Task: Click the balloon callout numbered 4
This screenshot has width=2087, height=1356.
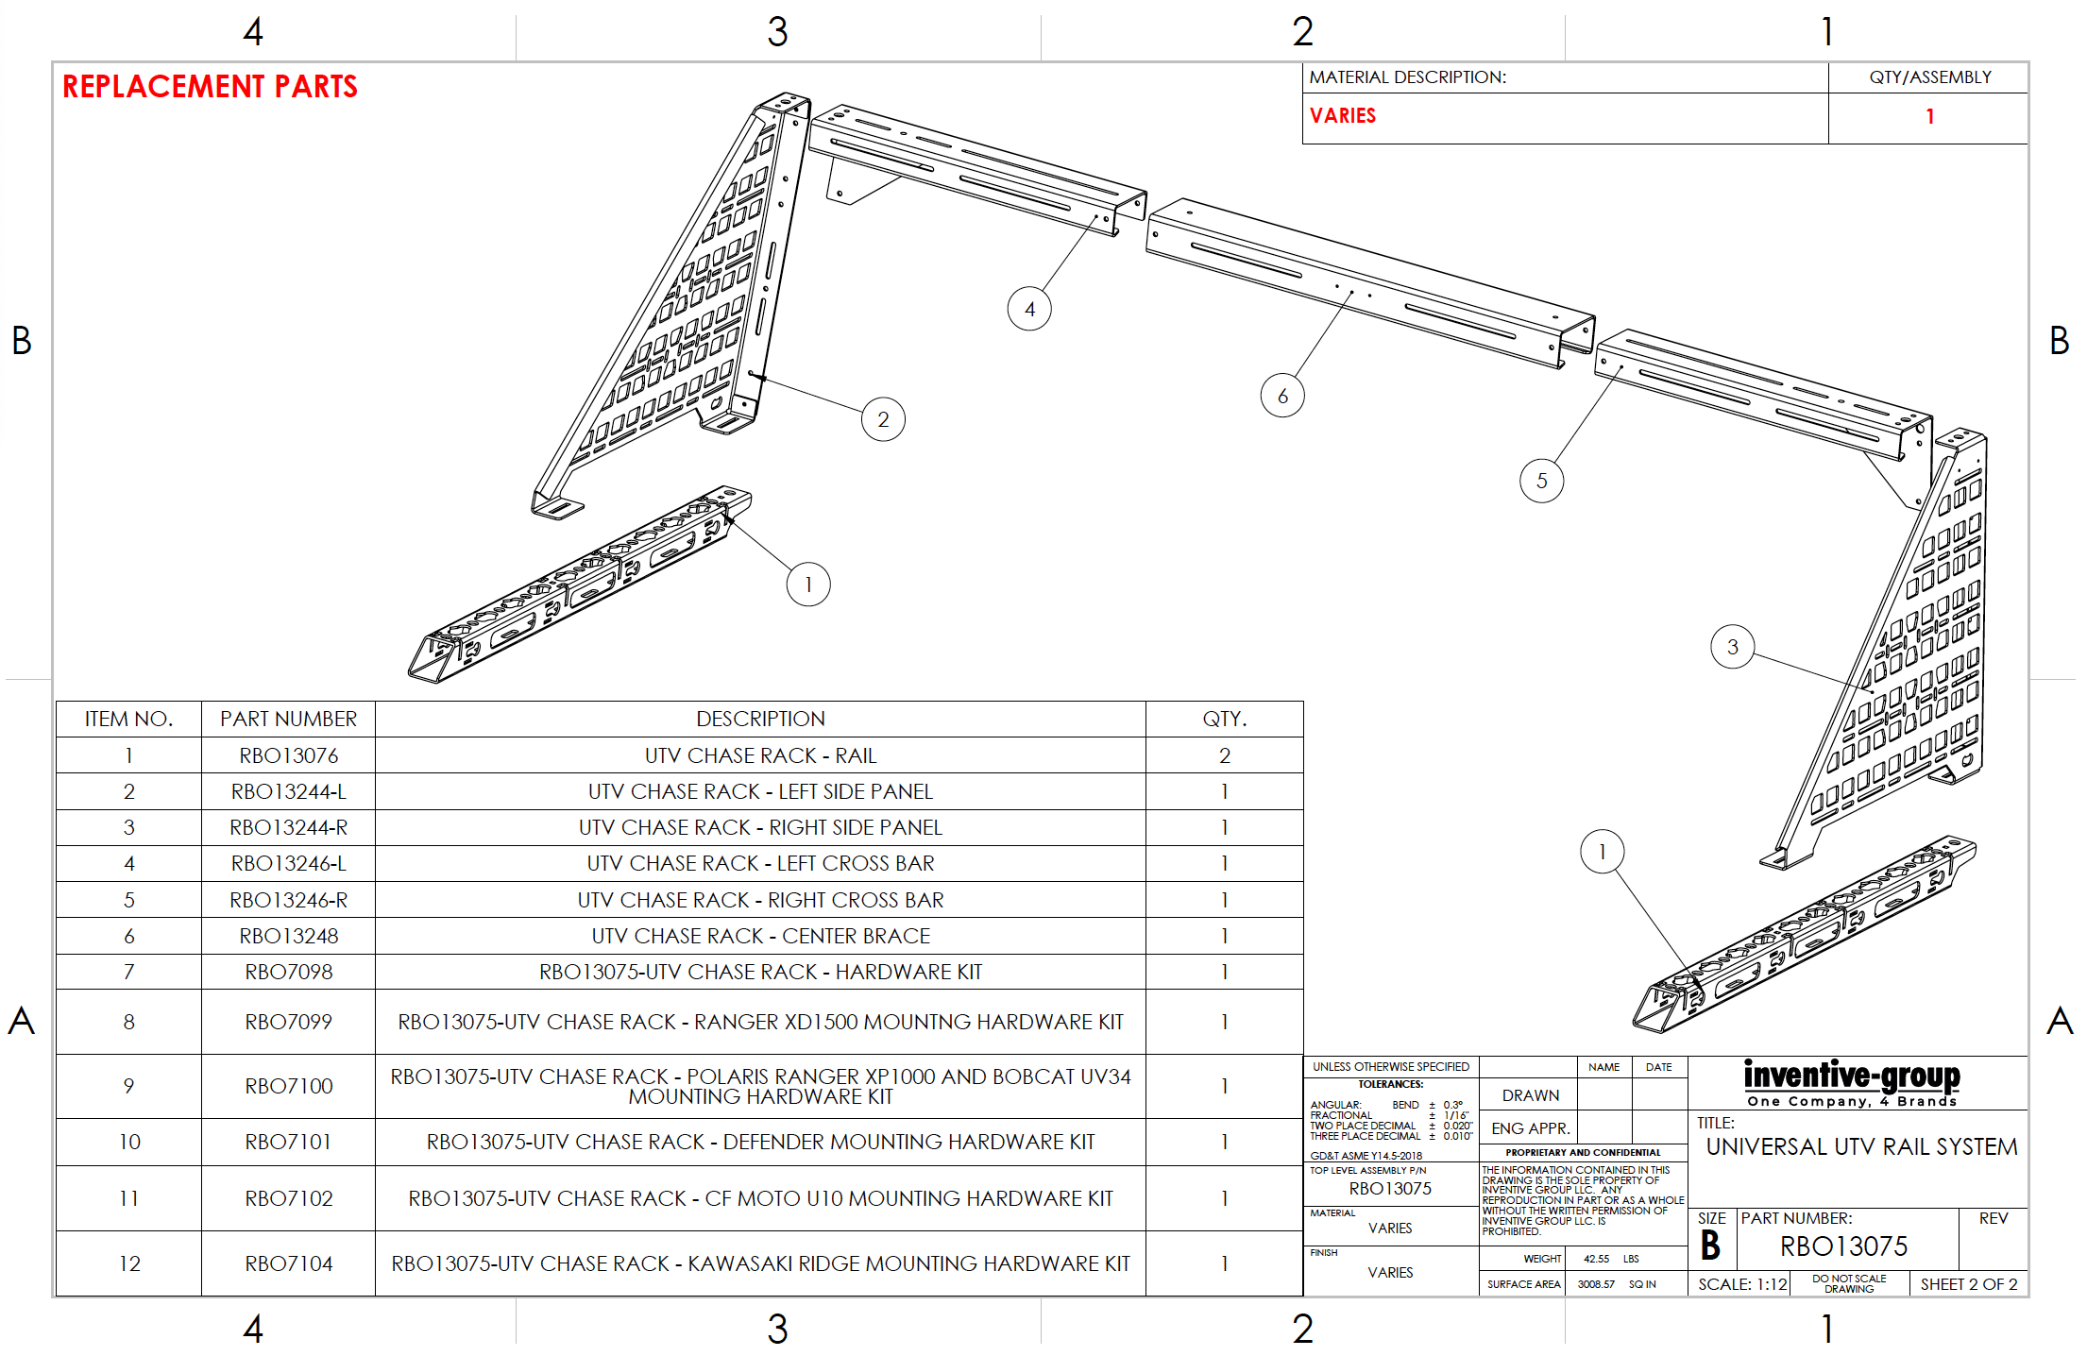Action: pyautogui.click(x=1029, y=309)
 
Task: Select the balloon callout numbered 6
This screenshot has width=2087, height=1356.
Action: pyautogui.click(x=1281, y=396)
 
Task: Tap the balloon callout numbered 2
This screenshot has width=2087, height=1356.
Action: pyautogui.click(x=883, y=419)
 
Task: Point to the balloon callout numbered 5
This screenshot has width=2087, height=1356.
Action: pyautogui.click(x=1541, y=481)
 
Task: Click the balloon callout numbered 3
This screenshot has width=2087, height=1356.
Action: pyautogui.click(x=1732, y=647)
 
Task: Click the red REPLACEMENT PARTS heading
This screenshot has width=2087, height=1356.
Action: pyautogui.click(x=210, y=87)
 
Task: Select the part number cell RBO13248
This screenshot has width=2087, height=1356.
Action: pyautogui.click(x=288, y=936)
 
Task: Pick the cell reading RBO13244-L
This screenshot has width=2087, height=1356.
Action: pyautogui.click(x=288, y=791)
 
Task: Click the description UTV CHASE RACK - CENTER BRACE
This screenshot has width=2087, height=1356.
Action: pyautogui.click(x=760, y=936)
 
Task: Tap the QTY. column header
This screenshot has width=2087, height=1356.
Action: pyautogui.click(x=1224, y=720)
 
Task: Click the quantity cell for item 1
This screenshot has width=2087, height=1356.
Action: pyautogui.click(x=1224, y=755)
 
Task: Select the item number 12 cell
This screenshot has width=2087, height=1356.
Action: pyautogui.click(x=129, y=1263)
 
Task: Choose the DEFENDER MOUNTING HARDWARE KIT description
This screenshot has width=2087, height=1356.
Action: pyautogui.click(x=760, y=1142)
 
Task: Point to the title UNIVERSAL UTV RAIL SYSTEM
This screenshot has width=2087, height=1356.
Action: pyautogui.click(x=1860, y=1146)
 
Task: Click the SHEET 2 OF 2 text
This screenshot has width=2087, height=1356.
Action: pyautogui.click(x=1968, y=1284)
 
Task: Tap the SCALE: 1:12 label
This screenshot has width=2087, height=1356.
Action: pyautogui.click(x=1742, y=1284)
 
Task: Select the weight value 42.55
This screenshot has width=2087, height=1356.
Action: pyautogui.click(x=1596, y=1259)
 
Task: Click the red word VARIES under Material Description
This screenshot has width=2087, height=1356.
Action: pyautogui.click(x=1342, y=116)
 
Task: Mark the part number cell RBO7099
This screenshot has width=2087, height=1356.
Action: pyautogui.click(x=288, y=1022)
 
